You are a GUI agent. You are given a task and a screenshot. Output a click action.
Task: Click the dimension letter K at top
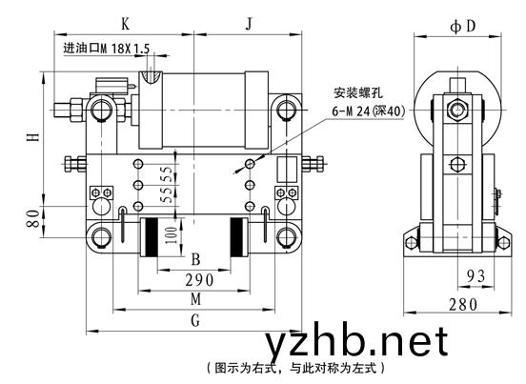tap(125, 24)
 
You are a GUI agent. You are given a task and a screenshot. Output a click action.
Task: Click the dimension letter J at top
tap(249, 24)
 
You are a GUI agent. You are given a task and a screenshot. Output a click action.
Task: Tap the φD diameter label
tap(463, 26)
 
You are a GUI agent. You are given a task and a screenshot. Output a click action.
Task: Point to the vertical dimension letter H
tap(32, 137)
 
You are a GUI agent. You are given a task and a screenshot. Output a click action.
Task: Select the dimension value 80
tap(32, 218)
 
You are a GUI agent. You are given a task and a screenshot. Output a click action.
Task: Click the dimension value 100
tap(171, 234)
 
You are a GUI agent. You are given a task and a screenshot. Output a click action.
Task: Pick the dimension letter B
tap(195, 259)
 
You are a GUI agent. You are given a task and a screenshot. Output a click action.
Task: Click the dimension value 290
tap(199, 280)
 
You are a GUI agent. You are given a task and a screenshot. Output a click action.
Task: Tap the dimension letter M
tap(196, 299)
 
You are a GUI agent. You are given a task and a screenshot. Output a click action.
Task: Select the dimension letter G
tap(195, 320)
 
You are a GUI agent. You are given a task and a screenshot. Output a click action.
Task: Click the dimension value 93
tap(476, 276)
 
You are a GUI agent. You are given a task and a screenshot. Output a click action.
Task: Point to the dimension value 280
tap(463, 305)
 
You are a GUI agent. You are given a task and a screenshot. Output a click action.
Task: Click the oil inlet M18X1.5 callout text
tap(107, 49)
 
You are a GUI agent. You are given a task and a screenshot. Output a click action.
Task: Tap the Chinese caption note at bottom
tap(295, 368)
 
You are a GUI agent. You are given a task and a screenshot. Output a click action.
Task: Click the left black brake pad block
tap(151, 237)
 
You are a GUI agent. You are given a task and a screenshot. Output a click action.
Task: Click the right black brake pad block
tap(236, 237)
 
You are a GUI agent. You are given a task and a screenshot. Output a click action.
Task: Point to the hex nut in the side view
tap(456, 110)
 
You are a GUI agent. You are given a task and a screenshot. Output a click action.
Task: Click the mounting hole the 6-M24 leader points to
tap(250, 164)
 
